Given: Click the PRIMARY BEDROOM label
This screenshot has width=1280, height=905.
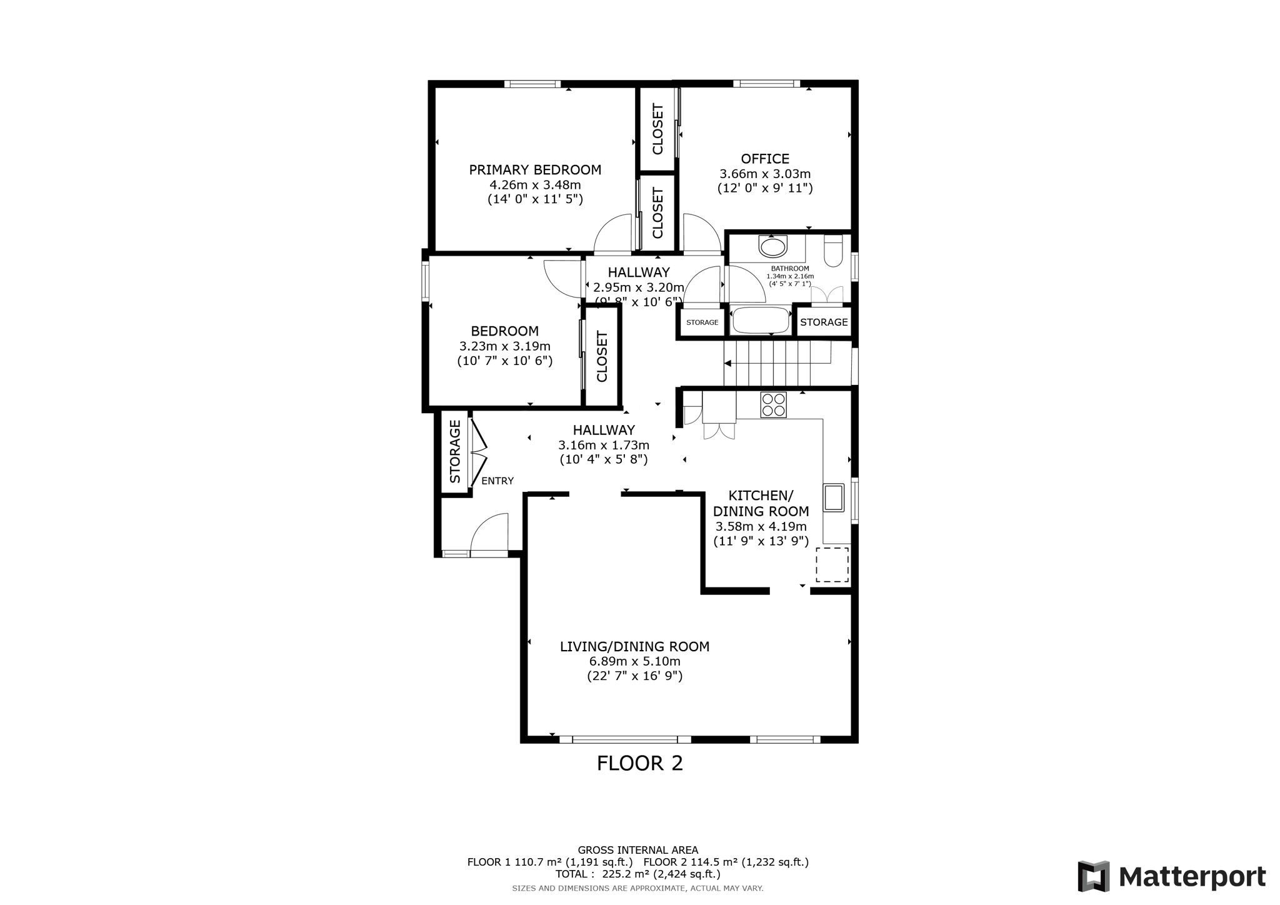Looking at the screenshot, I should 535,170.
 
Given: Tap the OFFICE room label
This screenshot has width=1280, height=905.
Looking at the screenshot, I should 765,159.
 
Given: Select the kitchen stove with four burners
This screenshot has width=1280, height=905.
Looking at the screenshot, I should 773,404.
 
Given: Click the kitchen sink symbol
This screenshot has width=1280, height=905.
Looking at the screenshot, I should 834,497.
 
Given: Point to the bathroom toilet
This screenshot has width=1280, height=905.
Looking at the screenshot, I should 833,251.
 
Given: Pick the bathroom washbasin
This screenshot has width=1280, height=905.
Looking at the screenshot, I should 773,246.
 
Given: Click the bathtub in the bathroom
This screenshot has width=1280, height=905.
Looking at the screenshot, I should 761,321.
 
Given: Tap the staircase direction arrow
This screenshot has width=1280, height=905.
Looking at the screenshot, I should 728,362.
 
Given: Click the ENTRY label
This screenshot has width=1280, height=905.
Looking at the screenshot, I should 497,481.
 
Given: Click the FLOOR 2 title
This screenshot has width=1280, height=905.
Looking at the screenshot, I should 639,763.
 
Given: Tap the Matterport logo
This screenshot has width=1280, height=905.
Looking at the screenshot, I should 1171,876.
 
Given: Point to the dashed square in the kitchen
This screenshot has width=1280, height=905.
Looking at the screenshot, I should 832,565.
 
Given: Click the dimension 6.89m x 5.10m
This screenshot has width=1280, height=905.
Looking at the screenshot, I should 634,661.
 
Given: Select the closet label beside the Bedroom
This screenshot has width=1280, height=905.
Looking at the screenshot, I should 602,357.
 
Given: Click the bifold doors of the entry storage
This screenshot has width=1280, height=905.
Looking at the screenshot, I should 479,451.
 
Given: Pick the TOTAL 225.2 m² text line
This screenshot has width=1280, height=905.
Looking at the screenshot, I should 637,874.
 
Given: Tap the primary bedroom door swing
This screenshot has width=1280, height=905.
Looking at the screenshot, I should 613,234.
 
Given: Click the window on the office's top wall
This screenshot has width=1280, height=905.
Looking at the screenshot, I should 766,84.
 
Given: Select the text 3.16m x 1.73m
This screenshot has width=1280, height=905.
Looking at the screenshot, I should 603,445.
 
